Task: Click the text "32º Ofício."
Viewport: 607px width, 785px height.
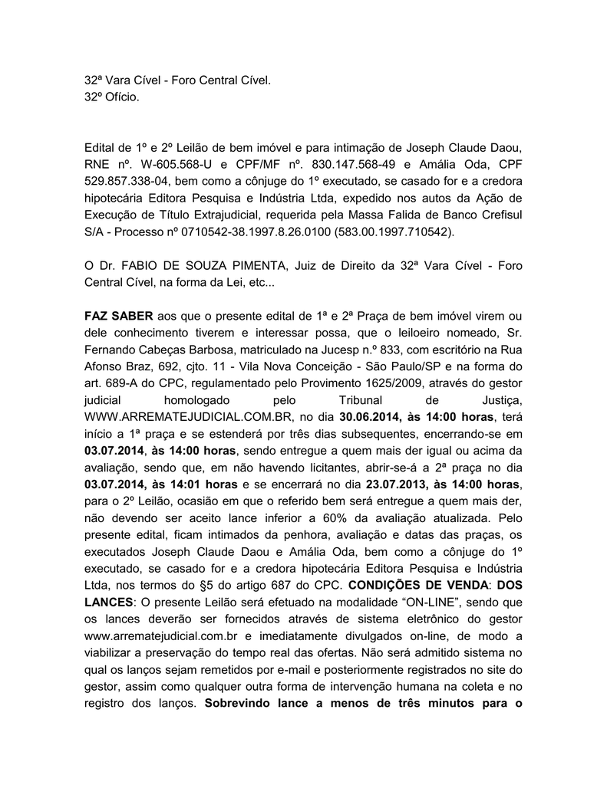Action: click(112, 98)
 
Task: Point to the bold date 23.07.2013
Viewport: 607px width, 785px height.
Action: click(398, 484)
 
